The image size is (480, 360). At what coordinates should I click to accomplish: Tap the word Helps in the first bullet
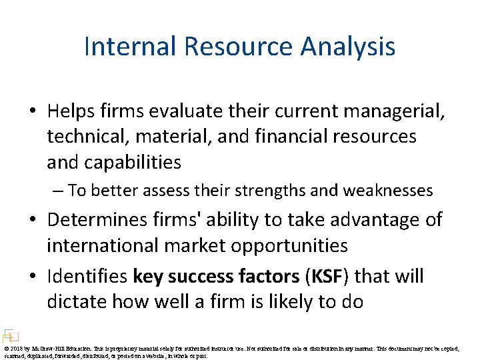[x=75, y=111]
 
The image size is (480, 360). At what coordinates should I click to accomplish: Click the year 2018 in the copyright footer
[x=17, y=348]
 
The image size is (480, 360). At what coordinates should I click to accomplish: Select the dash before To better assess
[x=59, y=191]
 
